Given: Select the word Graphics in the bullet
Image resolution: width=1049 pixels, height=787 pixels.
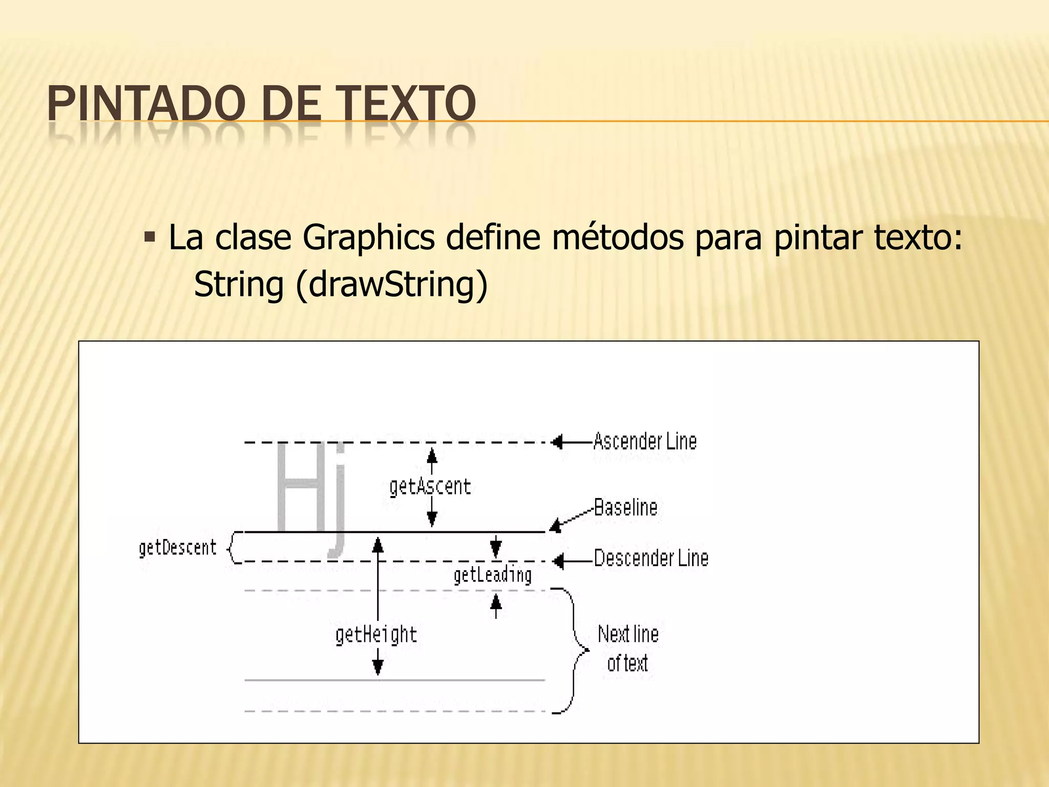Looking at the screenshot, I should click(368, 238).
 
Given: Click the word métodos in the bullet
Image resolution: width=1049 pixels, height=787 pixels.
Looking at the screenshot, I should click(617, 238).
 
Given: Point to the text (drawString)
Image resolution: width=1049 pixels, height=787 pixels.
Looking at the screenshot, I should click(391, 284).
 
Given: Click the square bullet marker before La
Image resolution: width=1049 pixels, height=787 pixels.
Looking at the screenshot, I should click(150, 237).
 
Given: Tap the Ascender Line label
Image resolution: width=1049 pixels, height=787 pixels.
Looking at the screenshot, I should click(645, 442).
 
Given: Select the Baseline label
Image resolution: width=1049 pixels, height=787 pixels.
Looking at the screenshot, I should click(625, 508).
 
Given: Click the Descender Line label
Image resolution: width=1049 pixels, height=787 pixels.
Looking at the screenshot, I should click(651, 558).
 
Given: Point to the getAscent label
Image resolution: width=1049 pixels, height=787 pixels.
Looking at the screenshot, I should click(430, 487).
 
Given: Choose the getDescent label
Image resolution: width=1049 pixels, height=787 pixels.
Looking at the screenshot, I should click(178, 548).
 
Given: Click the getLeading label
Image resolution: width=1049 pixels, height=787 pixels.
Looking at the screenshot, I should click(492, 575).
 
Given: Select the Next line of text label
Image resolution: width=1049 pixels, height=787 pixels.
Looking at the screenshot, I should click(628, 649).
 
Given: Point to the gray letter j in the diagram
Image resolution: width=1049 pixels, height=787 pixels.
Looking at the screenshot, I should click(337, 502).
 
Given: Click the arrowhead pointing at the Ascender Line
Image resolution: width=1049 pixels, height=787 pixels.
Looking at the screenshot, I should click(558, 442).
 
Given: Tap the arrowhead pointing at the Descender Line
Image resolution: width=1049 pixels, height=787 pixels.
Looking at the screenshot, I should click(558, 562).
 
